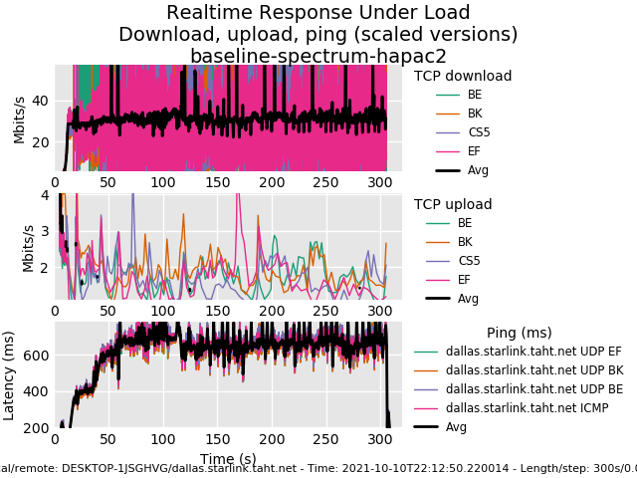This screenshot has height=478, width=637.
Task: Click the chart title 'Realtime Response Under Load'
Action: [x=318, y=13]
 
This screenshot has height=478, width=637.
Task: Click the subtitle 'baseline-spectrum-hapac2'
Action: [x=318, y=56]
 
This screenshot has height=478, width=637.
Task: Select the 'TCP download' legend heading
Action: [x=463, y=76]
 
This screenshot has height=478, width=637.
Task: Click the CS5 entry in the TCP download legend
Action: [x=479, y=132]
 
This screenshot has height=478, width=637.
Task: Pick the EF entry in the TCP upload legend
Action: [x=465, y=280]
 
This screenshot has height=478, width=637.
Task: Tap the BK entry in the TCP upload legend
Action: [x=465, y=242]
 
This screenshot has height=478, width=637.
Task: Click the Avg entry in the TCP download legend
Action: [x=478, y=170]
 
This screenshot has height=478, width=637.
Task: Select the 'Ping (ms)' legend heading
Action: [x=519, y=333]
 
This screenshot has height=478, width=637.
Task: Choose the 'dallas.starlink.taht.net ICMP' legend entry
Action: [x=527, y=407]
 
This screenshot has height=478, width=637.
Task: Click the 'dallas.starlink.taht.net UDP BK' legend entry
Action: [x=534, y=369]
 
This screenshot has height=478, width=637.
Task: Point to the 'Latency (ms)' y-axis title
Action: [x=10, y=374]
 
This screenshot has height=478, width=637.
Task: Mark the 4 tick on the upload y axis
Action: [x=45, y=195]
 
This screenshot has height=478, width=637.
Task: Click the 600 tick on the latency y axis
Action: [x=35, y=356]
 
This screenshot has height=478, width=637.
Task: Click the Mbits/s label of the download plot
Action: [x=19, y=119]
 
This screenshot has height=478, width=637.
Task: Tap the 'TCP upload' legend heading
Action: [x=453, y=204]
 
